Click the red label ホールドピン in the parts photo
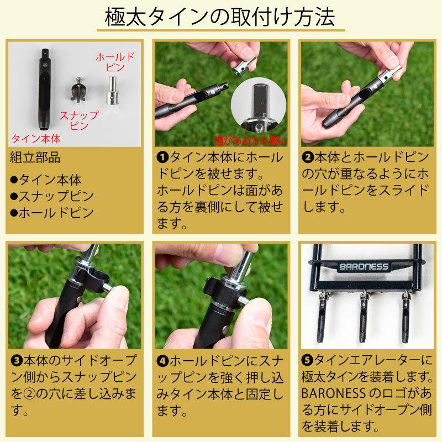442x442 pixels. tap(115, 62)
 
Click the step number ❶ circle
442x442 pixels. tap(163, 157)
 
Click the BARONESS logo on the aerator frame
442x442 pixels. tap(364, 266)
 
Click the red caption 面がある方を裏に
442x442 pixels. tap(251, 140)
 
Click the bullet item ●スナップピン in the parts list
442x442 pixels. tap(52, 196)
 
